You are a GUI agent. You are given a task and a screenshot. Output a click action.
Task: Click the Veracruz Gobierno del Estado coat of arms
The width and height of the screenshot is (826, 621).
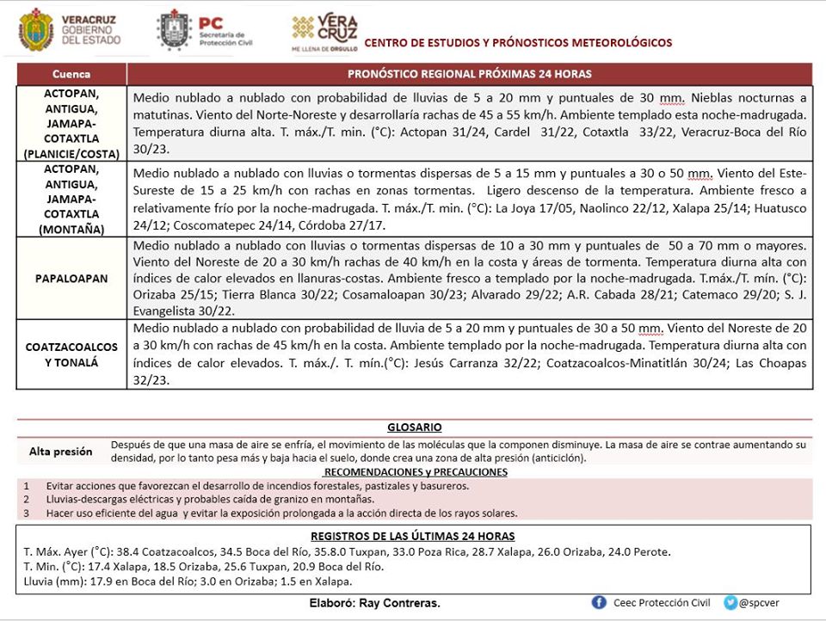[35, 29]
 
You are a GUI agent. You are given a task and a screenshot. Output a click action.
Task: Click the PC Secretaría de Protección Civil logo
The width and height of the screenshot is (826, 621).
[175, 29]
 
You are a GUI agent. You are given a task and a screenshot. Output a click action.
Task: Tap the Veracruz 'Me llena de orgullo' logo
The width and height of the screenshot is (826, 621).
[325, 31]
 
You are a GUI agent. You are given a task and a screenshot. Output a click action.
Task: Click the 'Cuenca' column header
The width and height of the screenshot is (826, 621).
[71, 74]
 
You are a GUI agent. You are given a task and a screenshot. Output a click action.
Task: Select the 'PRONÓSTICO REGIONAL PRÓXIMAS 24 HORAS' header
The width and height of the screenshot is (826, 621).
[469, 74]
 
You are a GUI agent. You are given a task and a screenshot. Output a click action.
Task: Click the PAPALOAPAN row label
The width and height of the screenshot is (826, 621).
[71, 279]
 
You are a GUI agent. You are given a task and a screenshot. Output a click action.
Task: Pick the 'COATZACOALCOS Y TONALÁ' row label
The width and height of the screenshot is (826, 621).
[71, 354]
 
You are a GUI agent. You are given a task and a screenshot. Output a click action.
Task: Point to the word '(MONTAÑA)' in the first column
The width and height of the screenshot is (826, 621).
[71, 230]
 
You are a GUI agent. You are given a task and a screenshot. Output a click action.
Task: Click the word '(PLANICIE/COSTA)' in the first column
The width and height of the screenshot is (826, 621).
[71, 154]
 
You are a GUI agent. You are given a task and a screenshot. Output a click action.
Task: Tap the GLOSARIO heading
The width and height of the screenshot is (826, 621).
[414, 427]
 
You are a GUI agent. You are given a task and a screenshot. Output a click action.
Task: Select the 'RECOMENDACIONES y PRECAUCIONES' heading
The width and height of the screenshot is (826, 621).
[416, 472]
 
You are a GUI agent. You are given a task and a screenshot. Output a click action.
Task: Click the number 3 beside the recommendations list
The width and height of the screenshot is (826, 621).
[27, 513]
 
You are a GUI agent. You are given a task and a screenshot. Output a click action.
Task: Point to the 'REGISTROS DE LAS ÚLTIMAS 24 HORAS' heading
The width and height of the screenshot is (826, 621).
[414, 536]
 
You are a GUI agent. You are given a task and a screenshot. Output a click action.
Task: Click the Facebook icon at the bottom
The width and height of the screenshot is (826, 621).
[600, 602]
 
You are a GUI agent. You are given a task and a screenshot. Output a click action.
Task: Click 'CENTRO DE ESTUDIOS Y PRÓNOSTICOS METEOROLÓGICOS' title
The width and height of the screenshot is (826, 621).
[518, 43]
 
